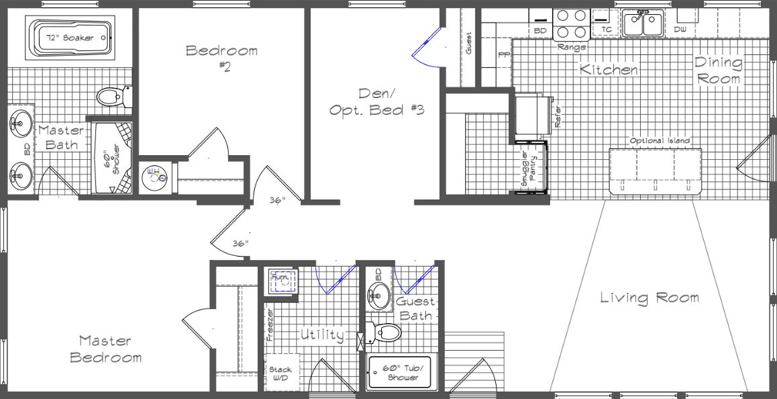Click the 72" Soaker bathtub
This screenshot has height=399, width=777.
pos(69,38)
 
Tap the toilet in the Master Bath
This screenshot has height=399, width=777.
pos(109,97)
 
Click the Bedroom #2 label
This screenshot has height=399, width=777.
pos(221,56)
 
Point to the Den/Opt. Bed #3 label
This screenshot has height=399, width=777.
pos(376,101)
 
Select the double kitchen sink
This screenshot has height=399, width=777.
pos(643,24)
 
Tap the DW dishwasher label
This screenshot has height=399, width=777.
pos(680,30)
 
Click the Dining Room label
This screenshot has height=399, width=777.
pos(719,71)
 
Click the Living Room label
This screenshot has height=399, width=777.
pos(649,298)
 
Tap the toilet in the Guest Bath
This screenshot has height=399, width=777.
pos(385,332)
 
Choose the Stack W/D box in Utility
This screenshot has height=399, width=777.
pos(280,373)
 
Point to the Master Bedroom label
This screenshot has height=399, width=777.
pos(106,349)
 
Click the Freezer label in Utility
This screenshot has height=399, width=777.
pos(270,325)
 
